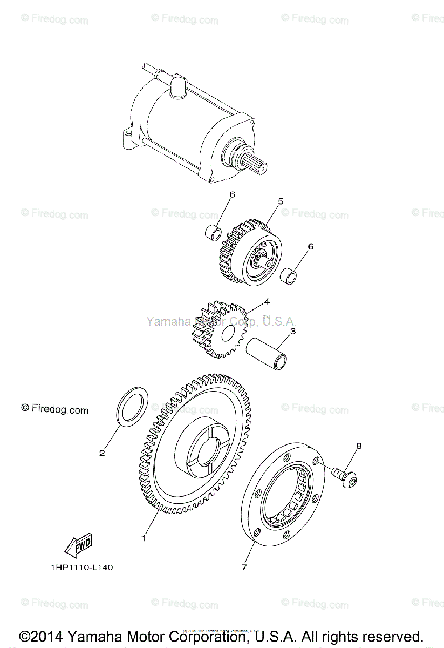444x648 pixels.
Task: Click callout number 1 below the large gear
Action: coord(144,538)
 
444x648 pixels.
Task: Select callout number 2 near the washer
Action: coord(102,453)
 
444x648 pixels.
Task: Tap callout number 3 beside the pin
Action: coord(292,332)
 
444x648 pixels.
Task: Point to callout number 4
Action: coord(267,301)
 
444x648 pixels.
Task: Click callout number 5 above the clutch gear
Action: coord(281,201)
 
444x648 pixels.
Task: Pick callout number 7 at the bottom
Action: coord(244,568)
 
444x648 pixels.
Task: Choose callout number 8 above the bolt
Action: coord(359,446)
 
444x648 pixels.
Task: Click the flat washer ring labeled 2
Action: coord(132,404)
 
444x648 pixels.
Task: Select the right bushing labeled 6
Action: coord(290,274)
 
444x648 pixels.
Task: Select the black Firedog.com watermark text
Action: coord(54,409)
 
